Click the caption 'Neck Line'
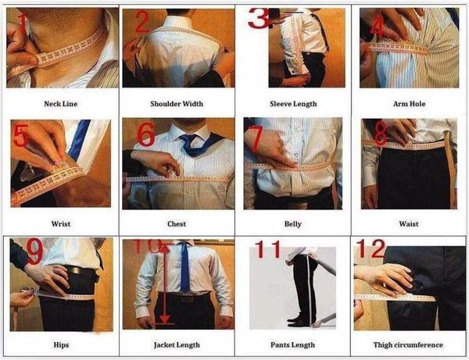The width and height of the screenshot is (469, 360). coord(60,102)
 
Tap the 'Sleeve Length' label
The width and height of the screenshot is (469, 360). coord(293,102)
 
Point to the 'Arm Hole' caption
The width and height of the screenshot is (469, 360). coord(409,102)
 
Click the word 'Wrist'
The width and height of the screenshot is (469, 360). coord(60,223)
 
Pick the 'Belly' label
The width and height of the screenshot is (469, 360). coord(293,223)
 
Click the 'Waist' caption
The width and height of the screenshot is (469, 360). coord(409,223)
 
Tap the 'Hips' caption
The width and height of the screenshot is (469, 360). coord(60,344)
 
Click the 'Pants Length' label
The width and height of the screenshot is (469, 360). coord(293,344)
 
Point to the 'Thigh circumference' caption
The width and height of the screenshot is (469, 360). coord(409,344)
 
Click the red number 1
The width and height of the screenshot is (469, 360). coord(24,27)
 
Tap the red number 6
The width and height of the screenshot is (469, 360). coord(146,134)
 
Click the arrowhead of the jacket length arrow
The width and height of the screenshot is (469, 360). coord(164,319)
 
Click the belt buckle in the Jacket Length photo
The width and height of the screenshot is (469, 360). coord(184,298)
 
